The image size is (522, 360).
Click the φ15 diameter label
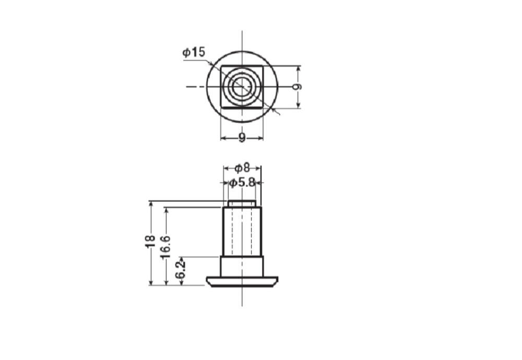[194, 53]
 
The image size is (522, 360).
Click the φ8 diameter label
[242, 168]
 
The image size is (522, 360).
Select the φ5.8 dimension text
[242, 182]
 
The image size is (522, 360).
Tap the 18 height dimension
[150, 241]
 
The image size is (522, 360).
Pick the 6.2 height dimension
[180, 270]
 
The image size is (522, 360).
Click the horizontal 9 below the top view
[242, 137]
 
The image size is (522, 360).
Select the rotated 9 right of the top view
[298, 87]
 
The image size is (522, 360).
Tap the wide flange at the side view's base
[242, 282]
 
